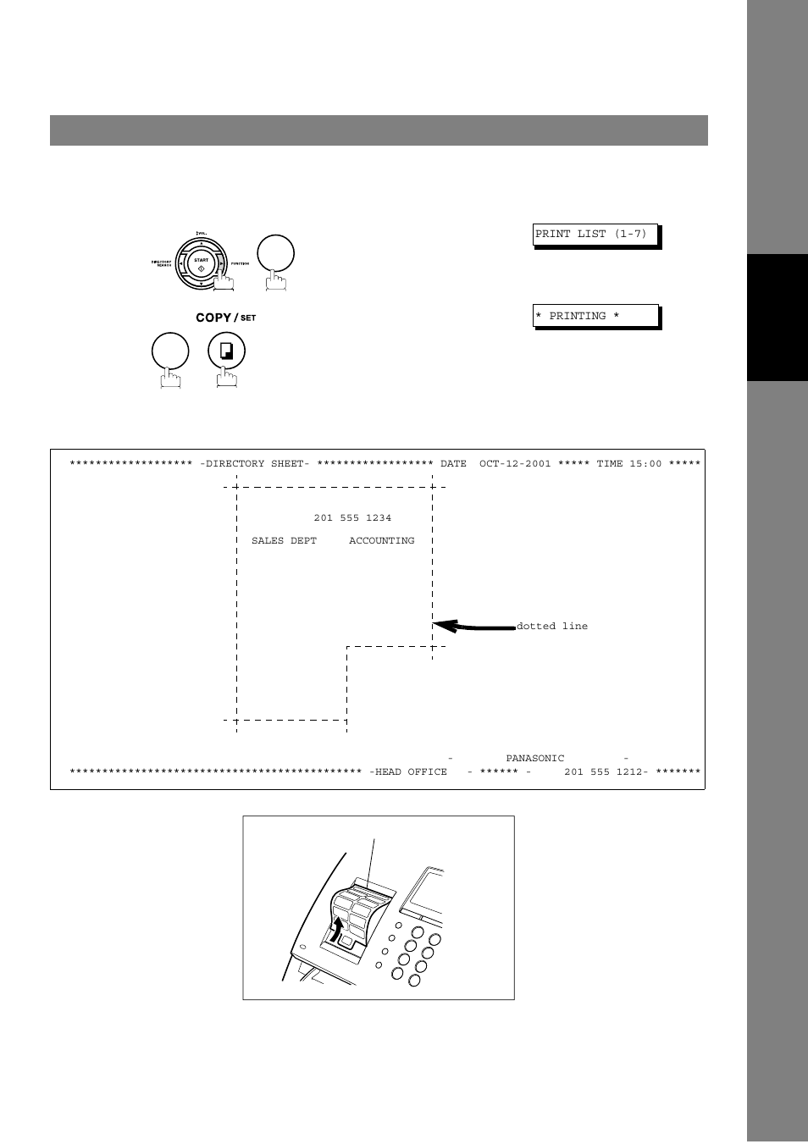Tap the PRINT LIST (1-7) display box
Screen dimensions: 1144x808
595,235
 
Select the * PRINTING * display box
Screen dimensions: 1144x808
595,316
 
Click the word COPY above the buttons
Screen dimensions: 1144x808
213,318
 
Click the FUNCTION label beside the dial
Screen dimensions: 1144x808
240,264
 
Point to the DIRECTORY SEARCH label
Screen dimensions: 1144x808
162,263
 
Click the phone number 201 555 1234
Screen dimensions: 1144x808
352,518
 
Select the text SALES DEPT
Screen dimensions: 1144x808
284,541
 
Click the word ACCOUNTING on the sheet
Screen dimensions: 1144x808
382,541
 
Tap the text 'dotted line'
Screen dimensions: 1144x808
551,627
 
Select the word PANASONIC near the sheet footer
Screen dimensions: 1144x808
534,759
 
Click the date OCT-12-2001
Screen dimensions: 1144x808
515,464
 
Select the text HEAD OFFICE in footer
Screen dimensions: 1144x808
411,772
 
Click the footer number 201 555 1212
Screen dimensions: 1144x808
604,772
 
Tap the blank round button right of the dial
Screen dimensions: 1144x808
275,253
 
